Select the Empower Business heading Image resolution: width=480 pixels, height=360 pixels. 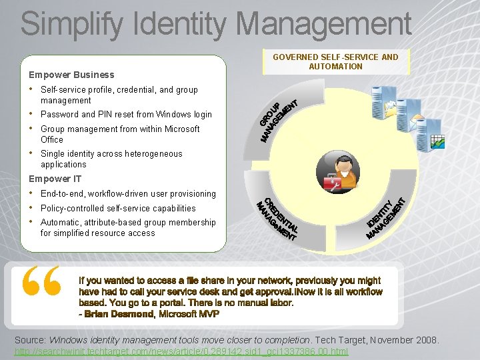(x=71, y=75)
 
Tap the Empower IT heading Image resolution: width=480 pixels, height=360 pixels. (x=55, y=179)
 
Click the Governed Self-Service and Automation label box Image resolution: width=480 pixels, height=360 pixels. (x=335, y=61)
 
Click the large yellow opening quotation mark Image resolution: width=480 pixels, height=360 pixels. (x=41, y=281)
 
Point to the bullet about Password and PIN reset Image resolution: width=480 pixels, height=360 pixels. (x=126, y=115)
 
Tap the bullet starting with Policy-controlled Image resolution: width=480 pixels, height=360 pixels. (x=118, y=208)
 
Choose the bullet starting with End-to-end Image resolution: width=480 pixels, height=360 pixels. (x=128, y=194)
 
